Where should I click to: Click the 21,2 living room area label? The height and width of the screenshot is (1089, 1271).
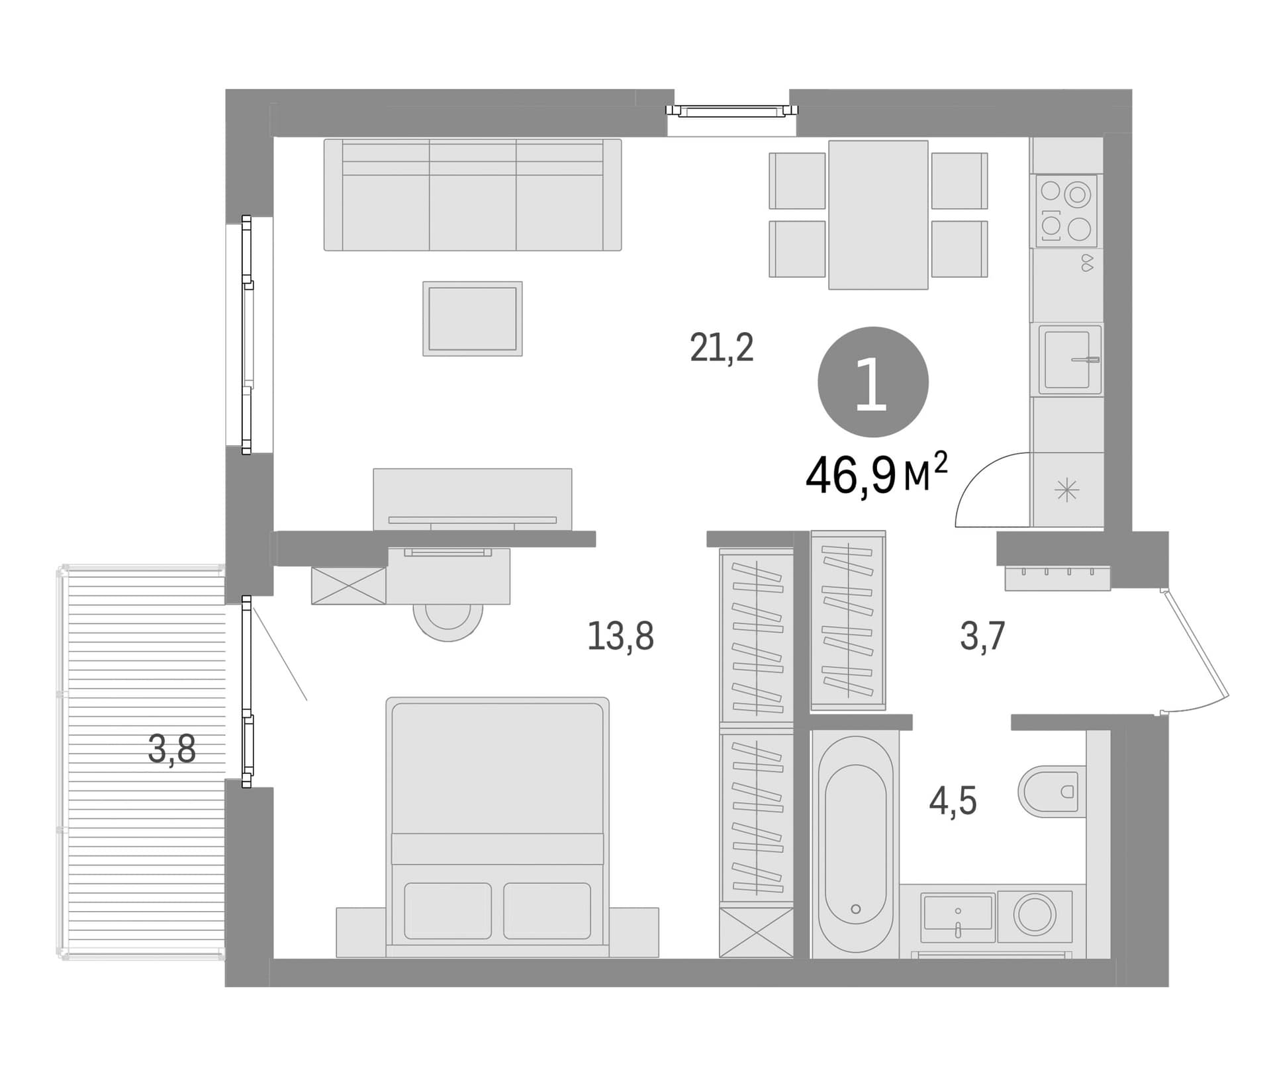tap(722, 347)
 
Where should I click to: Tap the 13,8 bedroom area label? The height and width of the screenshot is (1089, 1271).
tap(620, 636)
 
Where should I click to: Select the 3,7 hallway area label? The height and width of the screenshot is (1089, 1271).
tap(982, 636)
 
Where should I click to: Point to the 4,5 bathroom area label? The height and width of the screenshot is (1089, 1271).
tap(953, 802)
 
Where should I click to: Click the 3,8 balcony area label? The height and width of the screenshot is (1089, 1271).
tap(172, 750)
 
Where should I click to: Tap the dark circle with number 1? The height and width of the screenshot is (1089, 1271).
tap(873, 382)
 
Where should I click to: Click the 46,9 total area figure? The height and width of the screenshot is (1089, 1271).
tap(851, 476)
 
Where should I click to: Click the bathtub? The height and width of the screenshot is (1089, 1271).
tap(855, 844)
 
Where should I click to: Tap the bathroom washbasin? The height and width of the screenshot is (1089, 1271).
tap(958, 918)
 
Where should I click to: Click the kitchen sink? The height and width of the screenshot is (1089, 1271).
tap(1069, 359)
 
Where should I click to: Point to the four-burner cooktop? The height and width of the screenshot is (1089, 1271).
tap(1066, 211)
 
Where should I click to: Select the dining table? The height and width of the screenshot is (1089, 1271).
tap(878, 215)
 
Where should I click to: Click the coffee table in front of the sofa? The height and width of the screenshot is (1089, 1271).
tap(473, 319)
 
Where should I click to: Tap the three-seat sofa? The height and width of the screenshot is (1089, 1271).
tap(473, 195)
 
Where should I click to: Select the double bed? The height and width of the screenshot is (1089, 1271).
tap(497, 827)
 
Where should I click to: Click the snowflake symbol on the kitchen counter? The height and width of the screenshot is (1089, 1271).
tap(1067, 490)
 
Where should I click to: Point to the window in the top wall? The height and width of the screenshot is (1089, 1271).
tap(732, 110)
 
